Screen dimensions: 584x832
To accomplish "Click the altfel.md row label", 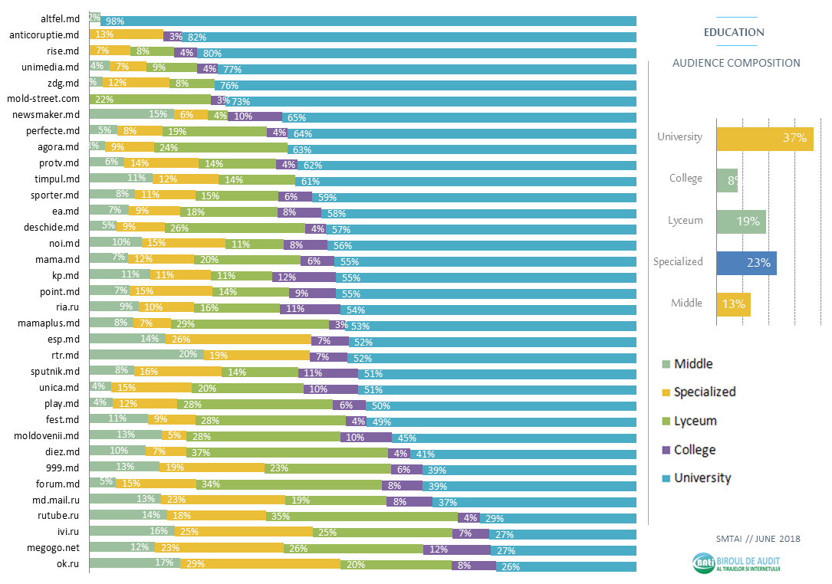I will (60, 18).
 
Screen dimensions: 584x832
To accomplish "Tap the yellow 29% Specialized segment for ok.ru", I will (261, 566).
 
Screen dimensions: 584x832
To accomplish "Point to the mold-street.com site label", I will (43, 98).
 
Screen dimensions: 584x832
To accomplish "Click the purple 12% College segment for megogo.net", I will (457, 550).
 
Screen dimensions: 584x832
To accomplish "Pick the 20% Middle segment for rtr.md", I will (146, 356).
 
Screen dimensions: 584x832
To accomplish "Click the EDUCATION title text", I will (734, 33).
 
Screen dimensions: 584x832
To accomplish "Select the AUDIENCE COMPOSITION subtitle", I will (735, 63).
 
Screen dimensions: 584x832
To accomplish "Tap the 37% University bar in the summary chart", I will (765, 138).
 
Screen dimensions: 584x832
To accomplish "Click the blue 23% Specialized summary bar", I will (746, 262).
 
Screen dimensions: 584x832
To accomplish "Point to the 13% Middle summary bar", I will (733, 303).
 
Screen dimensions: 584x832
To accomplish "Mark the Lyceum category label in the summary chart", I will (685, 221).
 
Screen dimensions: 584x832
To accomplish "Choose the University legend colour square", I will (665, 479).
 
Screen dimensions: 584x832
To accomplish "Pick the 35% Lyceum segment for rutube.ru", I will (361, 517).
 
